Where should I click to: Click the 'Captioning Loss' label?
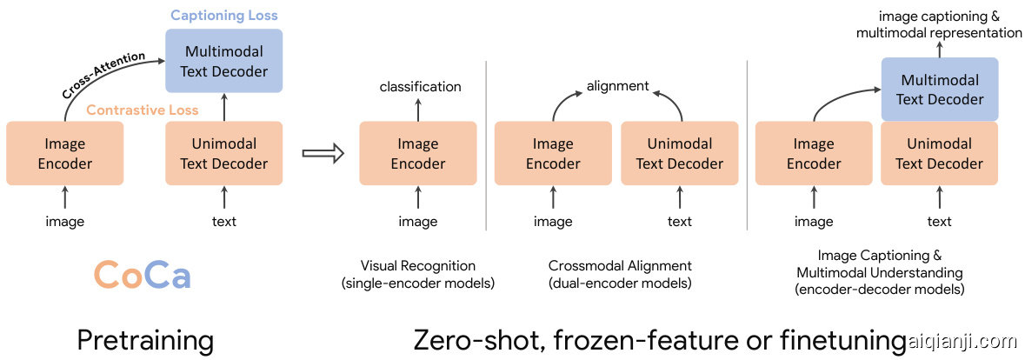pyautogui.click(x=224, y=16)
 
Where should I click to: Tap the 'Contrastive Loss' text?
pyautogui.click(x=143, y=110)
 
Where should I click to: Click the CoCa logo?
pyautogui.click(x=142, y=275)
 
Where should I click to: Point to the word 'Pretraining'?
pyautogui.click(x=145, y=340)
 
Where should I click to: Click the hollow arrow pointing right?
pyautogui.click(x=323, y=153)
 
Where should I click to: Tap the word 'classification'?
pyautogui.click(x=420, y=86)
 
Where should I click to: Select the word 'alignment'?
pyautogui.click(x=617, y=86)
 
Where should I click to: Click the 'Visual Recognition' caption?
pyautogui.click(x=418, y=265)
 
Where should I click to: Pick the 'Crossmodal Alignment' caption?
pyautogui.click(x=620, y=265)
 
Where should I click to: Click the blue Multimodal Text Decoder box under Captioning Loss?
pyautogui.click(x=224, y=61)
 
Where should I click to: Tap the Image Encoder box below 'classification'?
pyautogui.click(x=418, y=153)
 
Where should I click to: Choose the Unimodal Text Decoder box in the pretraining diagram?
pyautogui.click(x=224, y=153)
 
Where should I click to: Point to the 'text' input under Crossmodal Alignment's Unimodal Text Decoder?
pyautogui.click(x=680, y=222)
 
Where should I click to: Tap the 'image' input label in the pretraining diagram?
pyautogui.click(x=65, y=222)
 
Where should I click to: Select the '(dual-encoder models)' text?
pyautogui.click(x=620, y=283)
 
